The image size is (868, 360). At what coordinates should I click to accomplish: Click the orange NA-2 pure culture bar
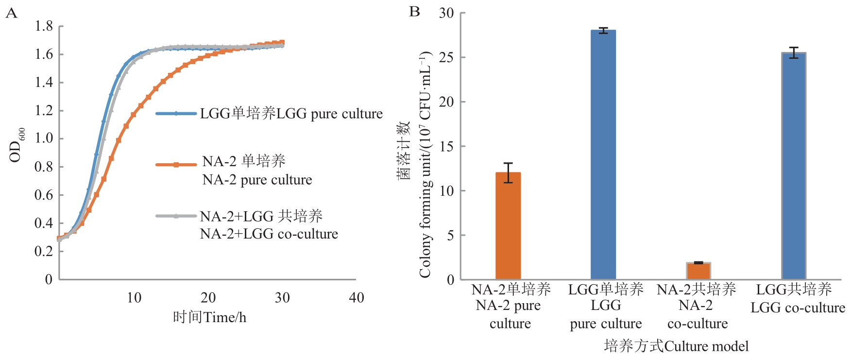coord(508,226)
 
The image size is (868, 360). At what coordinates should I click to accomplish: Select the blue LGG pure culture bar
coord(603,155)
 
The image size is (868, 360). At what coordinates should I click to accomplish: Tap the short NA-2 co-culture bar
coord(698,271)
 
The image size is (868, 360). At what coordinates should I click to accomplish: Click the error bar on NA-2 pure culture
coord(508,172)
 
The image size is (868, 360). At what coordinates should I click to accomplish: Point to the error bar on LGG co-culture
coord(794,52)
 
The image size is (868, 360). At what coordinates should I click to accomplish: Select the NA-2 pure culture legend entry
coord(257,170)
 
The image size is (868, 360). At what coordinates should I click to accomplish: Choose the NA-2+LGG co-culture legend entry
coord(269,224)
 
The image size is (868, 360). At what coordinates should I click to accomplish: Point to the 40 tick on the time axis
coord(357,298)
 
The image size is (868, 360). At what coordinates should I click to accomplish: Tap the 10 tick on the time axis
coord(134,298)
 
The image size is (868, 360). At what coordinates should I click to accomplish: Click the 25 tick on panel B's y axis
coord(446,57)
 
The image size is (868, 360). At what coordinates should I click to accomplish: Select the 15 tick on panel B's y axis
coord(446,146)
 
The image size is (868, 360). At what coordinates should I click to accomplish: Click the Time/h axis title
coord(209,318)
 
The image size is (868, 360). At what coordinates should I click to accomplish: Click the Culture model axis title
coord(676,346)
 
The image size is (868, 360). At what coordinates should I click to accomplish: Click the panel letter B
coord(414,12)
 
